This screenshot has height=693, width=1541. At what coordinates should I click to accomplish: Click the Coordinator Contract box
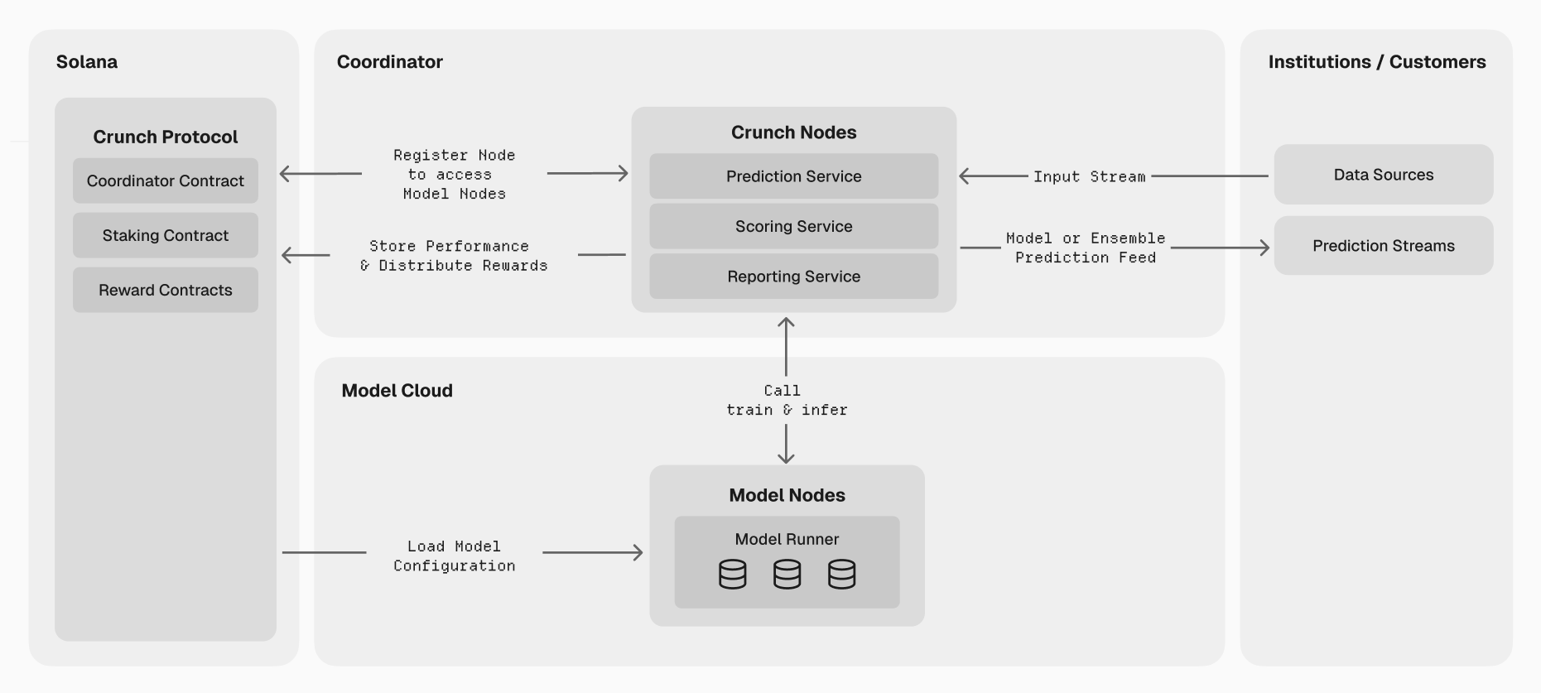(165, 180)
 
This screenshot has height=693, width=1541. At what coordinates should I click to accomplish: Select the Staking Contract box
(165, 235)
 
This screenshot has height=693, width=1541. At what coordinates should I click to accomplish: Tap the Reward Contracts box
(165, 290)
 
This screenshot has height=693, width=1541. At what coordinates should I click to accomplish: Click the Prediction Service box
(793, 176)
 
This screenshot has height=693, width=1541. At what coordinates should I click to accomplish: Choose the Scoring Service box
(793, 226)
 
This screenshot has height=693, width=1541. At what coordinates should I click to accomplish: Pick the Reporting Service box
(793, 277)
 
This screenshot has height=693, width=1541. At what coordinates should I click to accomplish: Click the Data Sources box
(1383, 175)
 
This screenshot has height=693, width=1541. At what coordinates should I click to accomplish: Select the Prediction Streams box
(1383, 246)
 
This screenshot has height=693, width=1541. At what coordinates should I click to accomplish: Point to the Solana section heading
(87, 62)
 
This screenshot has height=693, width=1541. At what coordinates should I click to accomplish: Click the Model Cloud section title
(397, 391)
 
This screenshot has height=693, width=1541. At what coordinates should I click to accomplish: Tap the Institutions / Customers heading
(1376, 62)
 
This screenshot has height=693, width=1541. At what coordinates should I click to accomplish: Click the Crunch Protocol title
(165, 137)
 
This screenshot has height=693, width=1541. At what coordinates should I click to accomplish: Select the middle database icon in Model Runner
(787, 574)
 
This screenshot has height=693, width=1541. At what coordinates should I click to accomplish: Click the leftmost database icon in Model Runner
(732, 574)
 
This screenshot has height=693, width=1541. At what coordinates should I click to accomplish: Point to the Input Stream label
(1089, 176)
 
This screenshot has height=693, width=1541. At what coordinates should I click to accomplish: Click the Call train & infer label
(786, 400)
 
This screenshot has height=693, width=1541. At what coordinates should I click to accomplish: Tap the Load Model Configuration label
(454, 556)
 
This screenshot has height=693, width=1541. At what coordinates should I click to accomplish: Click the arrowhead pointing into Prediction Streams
(1264, 248)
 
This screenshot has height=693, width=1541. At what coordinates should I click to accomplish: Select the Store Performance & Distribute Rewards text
(454, 256)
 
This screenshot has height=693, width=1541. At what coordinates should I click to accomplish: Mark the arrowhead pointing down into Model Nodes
(786, 457)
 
